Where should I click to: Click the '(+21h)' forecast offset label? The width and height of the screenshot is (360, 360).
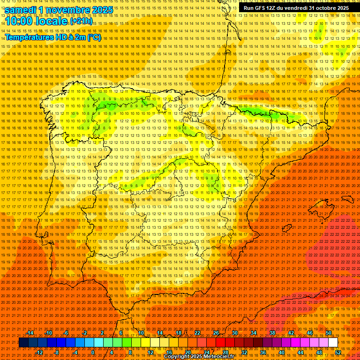click(x=81, y=22)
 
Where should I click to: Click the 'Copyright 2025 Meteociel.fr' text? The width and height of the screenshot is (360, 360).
click(x=199, y=357)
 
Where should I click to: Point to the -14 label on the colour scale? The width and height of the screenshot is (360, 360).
click(x=30, y=333)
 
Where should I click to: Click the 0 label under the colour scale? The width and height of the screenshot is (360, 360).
click(x=93, y=352)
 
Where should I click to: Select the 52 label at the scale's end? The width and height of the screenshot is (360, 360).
click(x=338, y=352)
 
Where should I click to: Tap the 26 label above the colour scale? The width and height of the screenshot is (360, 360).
click(x=216, y=333)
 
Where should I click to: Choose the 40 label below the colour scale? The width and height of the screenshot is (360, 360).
click(x=281, y=352)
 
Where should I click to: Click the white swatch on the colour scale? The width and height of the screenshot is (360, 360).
click(x=333, y=343)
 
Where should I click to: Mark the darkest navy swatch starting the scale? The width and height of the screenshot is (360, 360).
click(x=23, y=343)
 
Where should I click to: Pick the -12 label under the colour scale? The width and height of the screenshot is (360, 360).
click(x=40, y=352)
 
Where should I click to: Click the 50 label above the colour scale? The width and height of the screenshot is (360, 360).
click(x=329, y=333)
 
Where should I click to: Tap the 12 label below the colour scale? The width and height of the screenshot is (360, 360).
click(x=150, y=352)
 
